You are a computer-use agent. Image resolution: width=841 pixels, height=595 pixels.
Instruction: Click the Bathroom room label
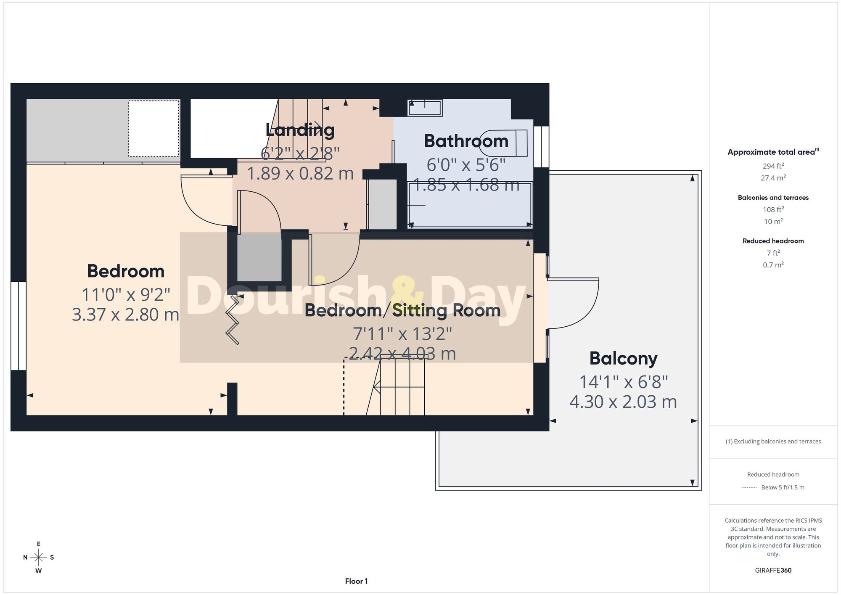tap(466, 141)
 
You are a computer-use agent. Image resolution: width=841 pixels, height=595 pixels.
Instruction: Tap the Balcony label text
tap(623, 359)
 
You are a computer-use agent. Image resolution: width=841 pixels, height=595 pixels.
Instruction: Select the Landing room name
tap(300, 130)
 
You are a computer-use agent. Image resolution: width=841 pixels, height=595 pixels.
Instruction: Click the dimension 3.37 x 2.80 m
tap(125, 315)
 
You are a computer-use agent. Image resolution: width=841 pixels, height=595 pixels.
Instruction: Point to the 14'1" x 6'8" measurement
tap(623, 382)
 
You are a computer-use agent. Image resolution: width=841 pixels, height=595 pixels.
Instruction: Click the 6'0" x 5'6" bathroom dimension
tap(466, 165)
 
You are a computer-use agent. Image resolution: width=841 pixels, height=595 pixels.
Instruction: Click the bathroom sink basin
tap(425, 108)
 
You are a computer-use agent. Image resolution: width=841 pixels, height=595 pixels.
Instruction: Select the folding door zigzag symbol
tap(233, 320)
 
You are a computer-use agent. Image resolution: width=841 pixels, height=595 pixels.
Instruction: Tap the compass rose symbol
tap(39, 558)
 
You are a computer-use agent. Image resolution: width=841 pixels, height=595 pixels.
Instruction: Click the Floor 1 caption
tap(356, 581)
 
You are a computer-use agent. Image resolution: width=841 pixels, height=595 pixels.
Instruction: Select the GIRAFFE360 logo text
tap(773, 571)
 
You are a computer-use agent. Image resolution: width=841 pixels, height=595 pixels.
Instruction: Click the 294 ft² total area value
tap(773, 166)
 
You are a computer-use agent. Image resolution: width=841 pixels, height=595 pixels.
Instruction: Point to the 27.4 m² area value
tap(773, 178)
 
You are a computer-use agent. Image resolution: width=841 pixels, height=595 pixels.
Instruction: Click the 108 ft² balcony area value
tap(773, 209)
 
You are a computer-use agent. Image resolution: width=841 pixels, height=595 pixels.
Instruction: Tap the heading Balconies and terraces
tap(773, 198)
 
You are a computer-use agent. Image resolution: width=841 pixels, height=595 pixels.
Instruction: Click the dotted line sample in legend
tap(749, 488)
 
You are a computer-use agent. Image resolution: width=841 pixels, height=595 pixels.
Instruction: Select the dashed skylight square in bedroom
tap(153, 128)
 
